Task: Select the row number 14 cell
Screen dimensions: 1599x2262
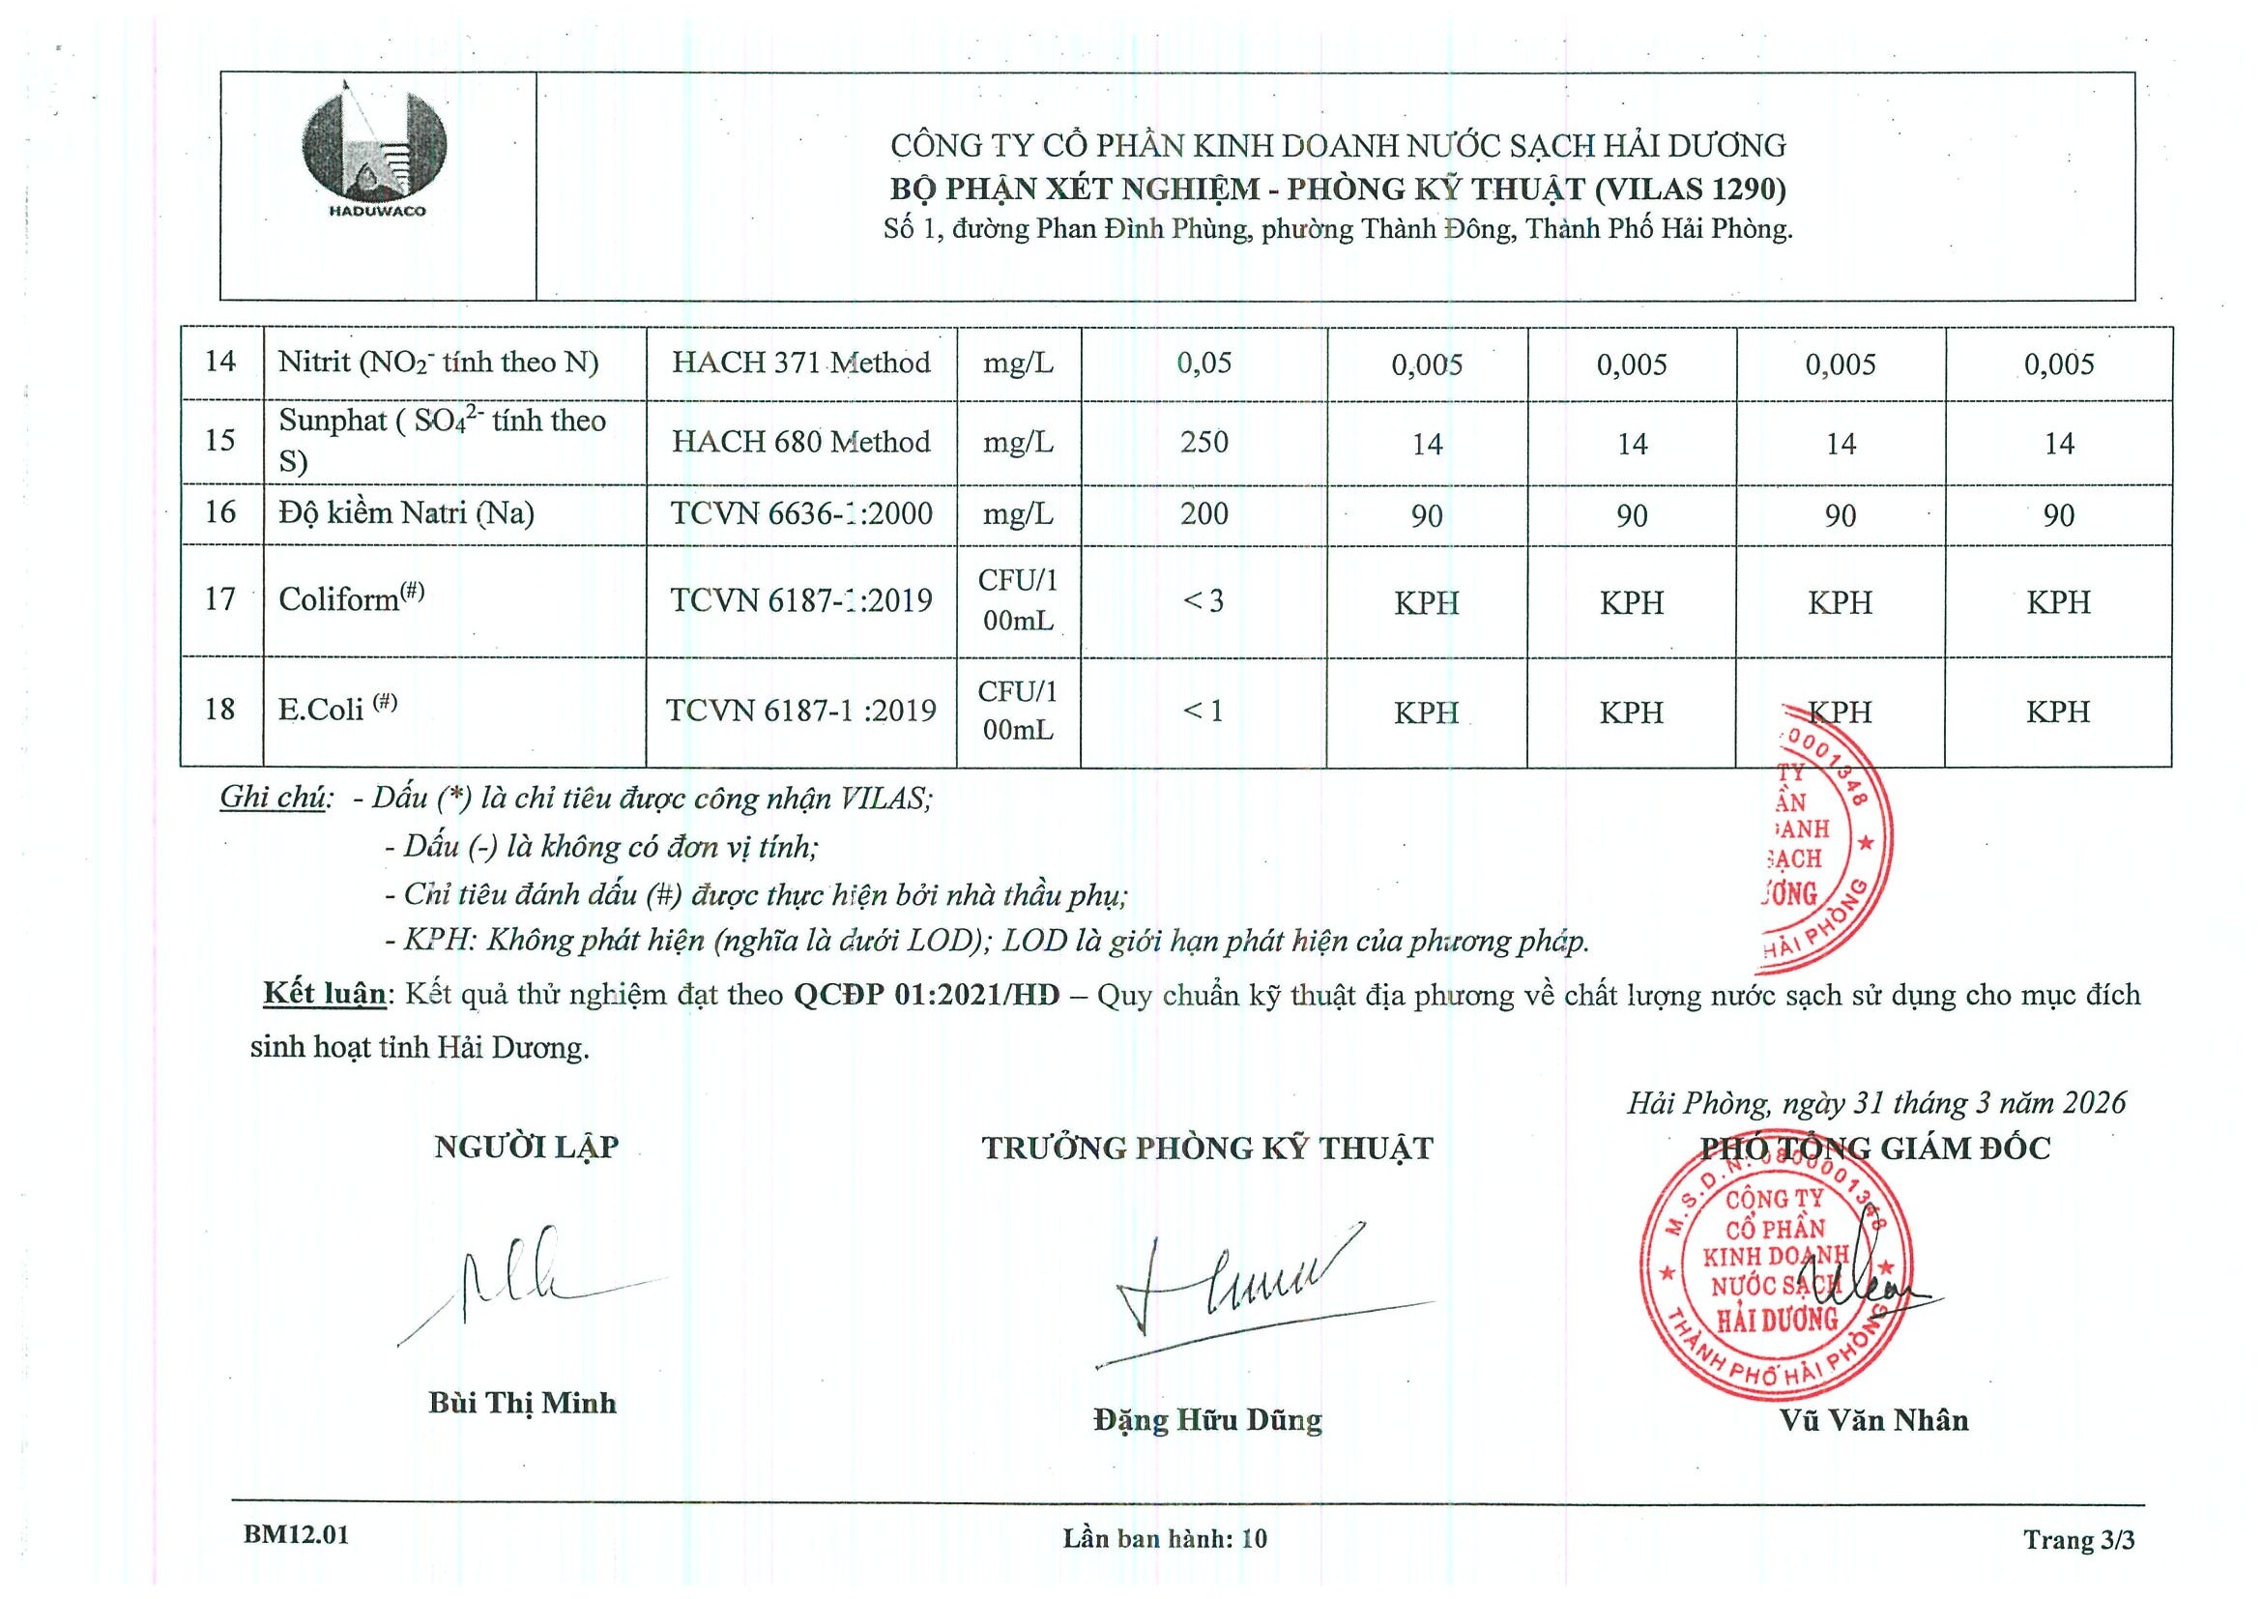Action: coord(219,362)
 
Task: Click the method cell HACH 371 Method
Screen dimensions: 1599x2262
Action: coord(801,363)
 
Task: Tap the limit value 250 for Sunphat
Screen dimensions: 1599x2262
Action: coord(1203,442)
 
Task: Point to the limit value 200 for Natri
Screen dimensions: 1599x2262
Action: coord(1203,513)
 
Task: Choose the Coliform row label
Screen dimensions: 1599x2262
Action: coord(351,599)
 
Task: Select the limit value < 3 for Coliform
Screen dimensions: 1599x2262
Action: coord(1203,600)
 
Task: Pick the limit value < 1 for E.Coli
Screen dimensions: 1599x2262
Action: coord(1203,711)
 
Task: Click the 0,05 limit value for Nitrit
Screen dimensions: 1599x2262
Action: coord(1203,363)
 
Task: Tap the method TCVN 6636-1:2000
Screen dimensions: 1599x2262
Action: coord(801,513)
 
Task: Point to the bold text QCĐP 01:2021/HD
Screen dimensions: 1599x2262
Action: coord(926,995)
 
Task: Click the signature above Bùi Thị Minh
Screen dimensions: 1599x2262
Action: coord(522,1281)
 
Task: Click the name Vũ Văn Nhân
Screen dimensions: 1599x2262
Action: coord(1872,1420)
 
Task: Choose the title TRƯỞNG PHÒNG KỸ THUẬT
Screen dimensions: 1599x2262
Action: coord(1206,1148)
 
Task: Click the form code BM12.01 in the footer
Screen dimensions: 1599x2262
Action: coord(296,1535)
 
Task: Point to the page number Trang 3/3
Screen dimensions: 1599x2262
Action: coord(2078,1539)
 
